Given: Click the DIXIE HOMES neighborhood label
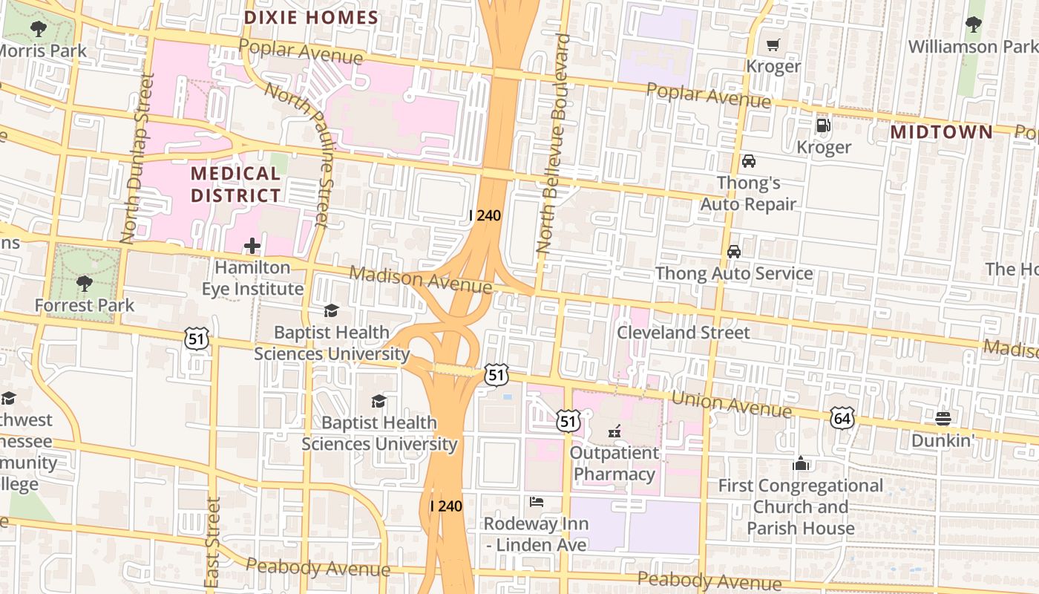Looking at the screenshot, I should click(311, 17).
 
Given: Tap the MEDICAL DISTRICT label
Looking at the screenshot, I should click(236, 185).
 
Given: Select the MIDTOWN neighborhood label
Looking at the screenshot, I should click(941, 132).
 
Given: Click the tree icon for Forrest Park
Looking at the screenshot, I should click(85, 283).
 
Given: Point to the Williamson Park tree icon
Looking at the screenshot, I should click(973, 25).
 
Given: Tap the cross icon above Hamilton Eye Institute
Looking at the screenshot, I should click(252, 246).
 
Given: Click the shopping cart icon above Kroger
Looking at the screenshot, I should click(773, 45).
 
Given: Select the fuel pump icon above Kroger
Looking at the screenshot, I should click(823, 125).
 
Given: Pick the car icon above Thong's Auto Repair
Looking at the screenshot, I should click(748, 161).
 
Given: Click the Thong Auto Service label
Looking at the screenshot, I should click(733, 273).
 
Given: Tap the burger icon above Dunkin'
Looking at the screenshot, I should click(943, 419).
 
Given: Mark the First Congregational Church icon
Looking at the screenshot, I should click(800, 463).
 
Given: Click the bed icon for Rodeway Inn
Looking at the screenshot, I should click(536, 502).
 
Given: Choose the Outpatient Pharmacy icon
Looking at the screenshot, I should click(614, 431).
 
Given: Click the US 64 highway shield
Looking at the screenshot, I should click(842, 418).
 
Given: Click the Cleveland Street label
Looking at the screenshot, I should click(684, 332).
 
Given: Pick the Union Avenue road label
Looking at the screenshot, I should click(730, 405).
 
